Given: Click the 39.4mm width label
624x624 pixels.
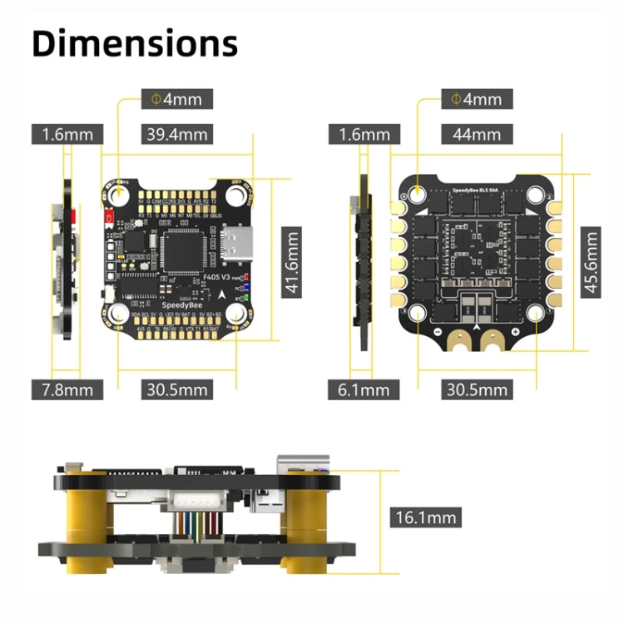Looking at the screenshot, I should click(177, 134).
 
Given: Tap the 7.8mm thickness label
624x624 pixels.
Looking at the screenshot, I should click(67, 389).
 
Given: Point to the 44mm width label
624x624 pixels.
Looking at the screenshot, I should click(472, 134).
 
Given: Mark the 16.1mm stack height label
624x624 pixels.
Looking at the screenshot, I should click(424, 517).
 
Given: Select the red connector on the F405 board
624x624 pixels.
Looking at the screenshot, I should click(109, 218).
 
